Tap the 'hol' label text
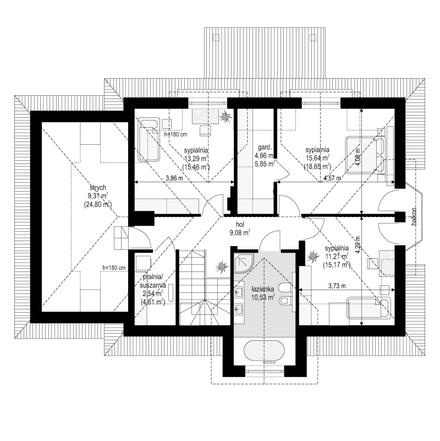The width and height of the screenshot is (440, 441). pos(240,225)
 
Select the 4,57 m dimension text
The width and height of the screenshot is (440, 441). pos(332,178)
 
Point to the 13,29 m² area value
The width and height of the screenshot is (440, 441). pos(196,158)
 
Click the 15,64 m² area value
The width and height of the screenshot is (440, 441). pos(317,158)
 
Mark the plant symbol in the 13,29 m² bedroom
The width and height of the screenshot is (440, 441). pos(224,117)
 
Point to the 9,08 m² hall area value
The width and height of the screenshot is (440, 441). pos(240,233)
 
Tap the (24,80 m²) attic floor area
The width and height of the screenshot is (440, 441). pos(98,204)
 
